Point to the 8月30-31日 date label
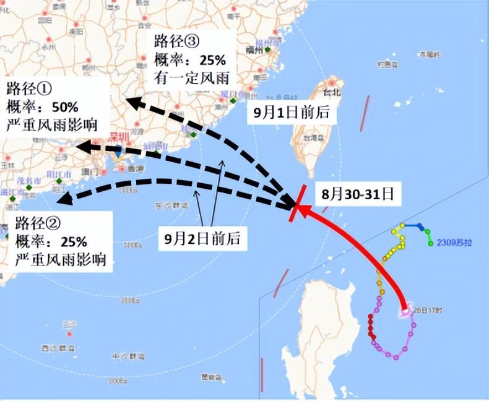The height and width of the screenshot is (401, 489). coord(357,193)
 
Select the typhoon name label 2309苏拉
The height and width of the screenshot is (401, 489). coord(455,243)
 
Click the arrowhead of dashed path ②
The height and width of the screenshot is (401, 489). coord(59,199)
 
